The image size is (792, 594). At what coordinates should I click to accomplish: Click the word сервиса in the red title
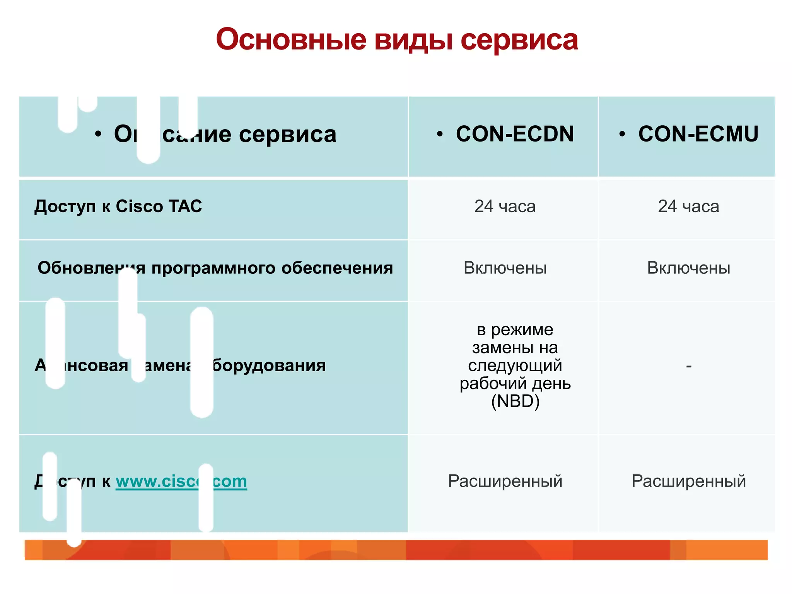519,40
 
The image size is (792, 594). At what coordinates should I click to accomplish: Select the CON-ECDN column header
514,134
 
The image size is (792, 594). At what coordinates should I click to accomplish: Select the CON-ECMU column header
698,134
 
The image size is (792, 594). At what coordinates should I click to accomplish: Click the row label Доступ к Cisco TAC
118,206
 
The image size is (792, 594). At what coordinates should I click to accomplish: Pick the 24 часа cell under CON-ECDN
505,207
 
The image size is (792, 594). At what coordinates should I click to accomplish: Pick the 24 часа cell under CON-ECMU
688,207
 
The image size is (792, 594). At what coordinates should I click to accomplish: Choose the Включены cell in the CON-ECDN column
505,268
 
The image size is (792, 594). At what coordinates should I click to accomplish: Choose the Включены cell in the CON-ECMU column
688,268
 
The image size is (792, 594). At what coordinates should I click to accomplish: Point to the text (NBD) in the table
515,401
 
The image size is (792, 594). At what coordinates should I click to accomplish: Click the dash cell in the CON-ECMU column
688,365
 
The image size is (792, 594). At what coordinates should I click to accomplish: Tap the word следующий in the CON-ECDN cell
515,365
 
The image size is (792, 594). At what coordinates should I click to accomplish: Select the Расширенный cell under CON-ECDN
505,481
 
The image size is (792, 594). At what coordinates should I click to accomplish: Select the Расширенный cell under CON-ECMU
688,481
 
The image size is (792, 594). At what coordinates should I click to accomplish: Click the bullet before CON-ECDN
439,134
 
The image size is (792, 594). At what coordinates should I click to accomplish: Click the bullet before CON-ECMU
622,134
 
